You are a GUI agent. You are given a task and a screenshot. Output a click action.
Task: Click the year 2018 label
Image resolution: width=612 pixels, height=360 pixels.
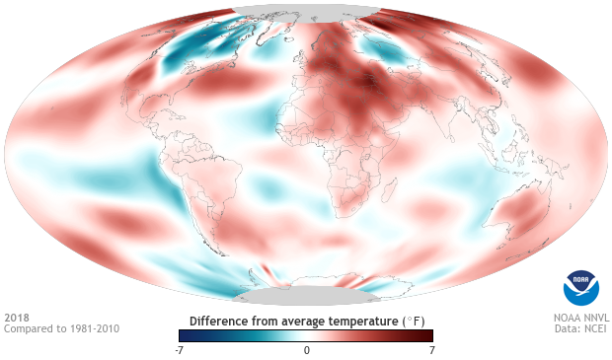coord(17,318)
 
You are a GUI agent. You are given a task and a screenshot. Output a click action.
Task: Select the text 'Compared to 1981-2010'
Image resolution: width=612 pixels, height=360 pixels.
coord(61,328)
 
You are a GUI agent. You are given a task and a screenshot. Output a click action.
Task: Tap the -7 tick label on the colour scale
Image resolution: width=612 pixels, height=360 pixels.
coord(180,350)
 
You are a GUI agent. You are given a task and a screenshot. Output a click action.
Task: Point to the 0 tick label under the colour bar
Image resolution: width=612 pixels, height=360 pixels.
coord(306,350)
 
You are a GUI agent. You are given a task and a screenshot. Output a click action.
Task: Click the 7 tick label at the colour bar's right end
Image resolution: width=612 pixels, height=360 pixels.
coord(431,350)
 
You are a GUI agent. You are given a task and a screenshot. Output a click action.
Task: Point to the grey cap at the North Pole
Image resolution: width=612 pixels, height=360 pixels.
coord(306,12)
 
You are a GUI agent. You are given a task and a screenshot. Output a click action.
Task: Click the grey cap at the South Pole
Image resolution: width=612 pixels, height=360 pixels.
coord(306,296)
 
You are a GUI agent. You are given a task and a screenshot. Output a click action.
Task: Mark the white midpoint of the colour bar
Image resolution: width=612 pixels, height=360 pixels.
coord(306,335)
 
